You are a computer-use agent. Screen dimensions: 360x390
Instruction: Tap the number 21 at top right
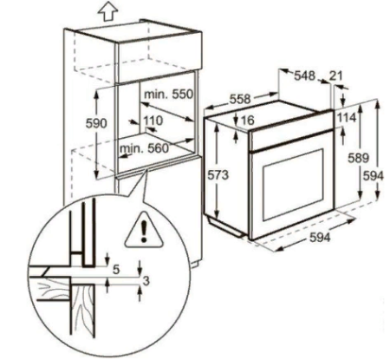click(336, 75)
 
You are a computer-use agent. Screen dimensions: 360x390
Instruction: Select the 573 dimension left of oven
click(218, 178)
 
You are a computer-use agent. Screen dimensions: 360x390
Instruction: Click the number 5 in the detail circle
click(116, 269)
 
